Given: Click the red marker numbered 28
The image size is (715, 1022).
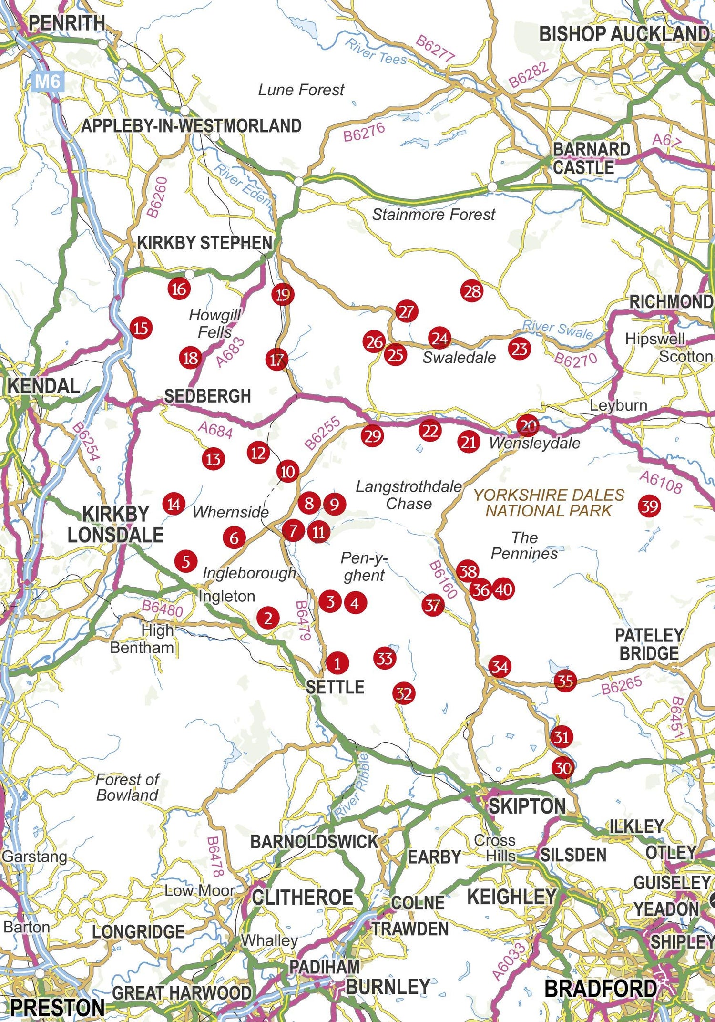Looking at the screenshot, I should (x=472, y=291).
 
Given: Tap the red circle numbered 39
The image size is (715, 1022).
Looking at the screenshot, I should (x=650, y=506).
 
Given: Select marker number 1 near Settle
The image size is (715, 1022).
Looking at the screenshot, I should (x=337, y=663).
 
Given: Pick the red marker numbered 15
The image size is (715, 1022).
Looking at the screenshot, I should (x=141, y=328).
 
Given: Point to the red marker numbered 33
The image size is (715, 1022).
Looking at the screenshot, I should (x=385, y=659).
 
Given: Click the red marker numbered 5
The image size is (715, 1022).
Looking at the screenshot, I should (x=186, y=561).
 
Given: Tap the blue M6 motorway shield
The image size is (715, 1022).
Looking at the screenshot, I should (x=48, y=81).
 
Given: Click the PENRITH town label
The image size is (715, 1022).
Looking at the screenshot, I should (x=67, y=22).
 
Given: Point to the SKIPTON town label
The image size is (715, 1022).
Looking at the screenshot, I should (x=527, y=805).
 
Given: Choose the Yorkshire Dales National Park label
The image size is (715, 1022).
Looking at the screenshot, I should (x=549, y=503).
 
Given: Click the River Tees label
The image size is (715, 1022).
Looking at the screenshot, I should (x=376, y=52).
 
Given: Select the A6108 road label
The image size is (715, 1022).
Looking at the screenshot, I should (x=661, y=482).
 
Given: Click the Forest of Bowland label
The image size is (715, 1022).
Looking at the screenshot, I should (x=127, y=787).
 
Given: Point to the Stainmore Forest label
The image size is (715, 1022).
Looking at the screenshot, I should (x=433, y=215).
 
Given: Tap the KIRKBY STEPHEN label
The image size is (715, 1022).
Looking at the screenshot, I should (x=204, y=243).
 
